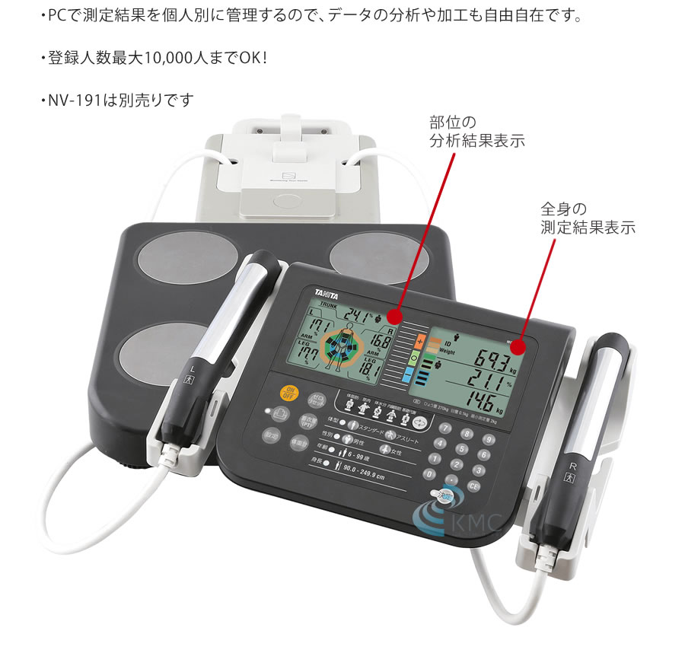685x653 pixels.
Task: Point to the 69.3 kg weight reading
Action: [x=495, y=356]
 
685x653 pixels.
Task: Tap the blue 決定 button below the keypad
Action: [x=443, y=495]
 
